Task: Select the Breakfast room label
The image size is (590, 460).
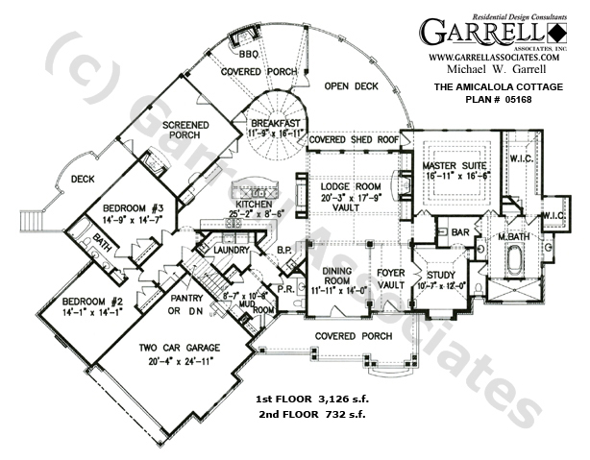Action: tap(277, 124)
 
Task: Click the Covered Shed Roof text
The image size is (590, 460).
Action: tap(354, 139)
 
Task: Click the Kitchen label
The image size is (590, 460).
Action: tap(254, 204)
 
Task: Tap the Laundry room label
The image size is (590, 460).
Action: tap(234, 251)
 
